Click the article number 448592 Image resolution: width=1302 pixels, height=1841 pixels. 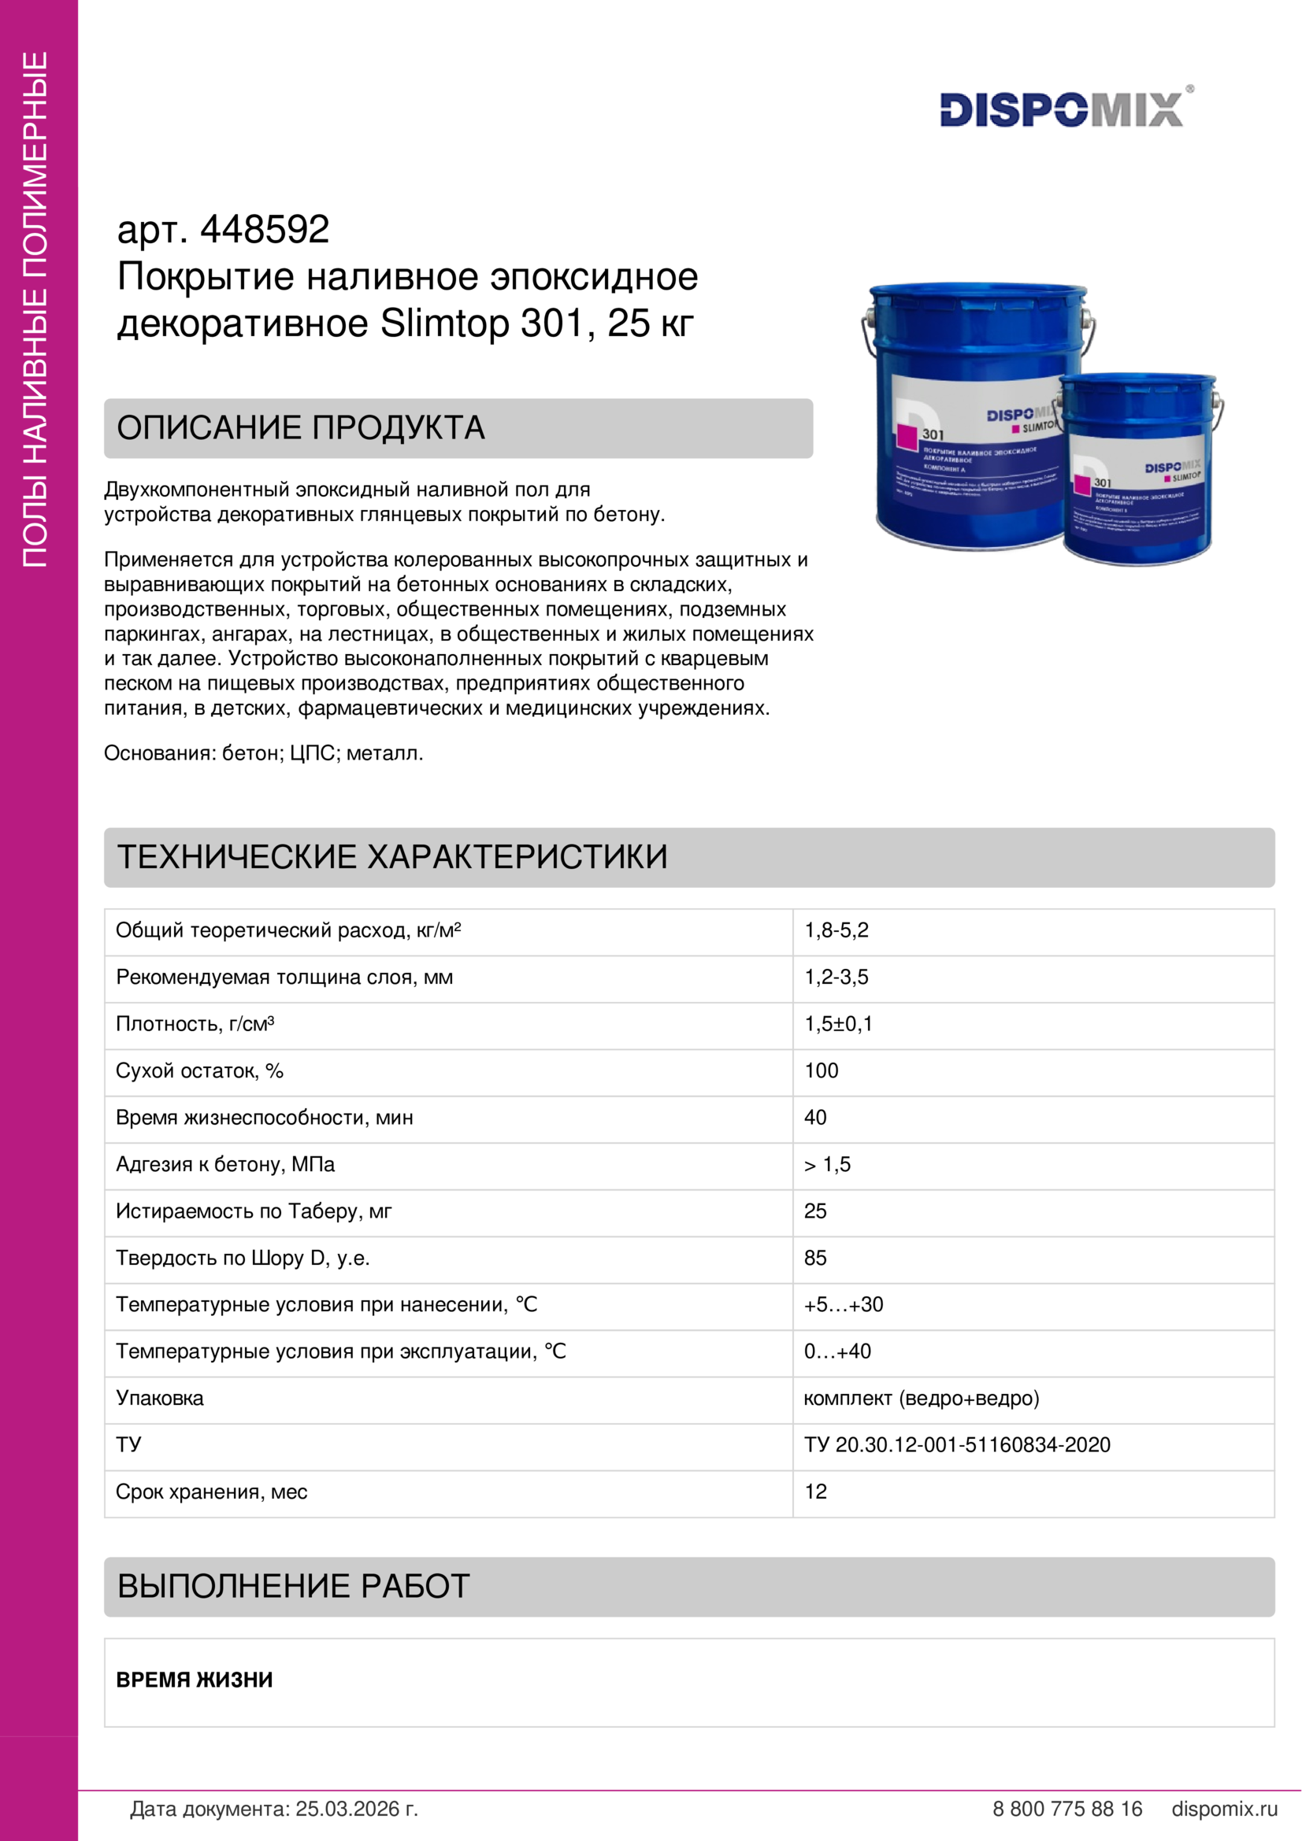pos(264,230)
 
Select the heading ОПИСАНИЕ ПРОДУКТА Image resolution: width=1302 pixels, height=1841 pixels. pos(301,428)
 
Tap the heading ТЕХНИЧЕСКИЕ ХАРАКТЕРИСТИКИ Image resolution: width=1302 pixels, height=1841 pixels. pos(392,857)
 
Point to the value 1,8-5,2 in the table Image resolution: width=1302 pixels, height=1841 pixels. pos(836,931)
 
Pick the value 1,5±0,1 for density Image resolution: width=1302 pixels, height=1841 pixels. pos(837,1024)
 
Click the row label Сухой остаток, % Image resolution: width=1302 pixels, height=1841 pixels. pos(199,1071)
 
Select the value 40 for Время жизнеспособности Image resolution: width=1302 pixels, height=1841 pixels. pos(815,1118)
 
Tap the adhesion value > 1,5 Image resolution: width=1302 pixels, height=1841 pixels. pos(827,1164)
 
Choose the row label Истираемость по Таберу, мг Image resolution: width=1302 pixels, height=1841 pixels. pos(254,1211)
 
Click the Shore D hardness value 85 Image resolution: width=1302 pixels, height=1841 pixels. pos(815,1258)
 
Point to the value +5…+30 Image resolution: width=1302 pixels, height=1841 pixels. pos(843,1304)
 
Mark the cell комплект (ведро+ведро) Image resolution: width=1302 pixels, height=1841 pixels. pos(921,1399)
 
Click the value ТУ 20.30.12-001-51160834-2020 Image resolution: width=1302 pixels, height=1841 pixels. pos(957,1445)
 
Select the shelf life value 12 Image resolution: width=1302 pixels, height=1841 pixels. pos(815,1492)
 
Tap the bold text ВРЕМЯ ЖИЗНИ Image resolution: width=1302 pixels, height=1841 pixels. pos(194,1680)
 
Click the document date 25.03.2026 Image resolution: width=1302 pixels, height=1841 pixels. pos(357,1809)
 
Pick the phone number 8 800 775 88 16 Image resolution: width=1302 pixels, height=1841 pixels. pos(1067,1809)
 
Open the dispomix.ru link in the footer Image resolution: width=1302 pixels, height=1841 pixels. pos(1224,1809)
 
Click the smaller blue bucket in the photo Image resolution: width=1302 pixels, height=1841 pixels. pos(1139,473)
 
